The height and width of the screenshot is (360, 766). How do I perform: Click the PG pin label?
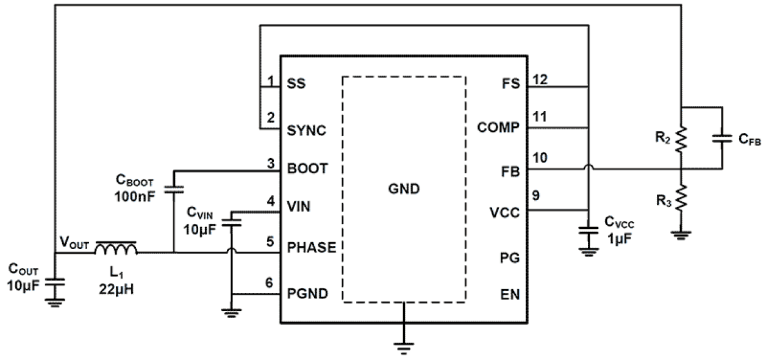tap(510, 257)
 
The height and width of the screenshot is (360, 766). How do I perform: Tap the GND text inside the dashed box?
tap(404, 189)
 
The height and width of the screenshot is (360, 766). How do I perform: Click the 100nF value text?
tap(134, 198)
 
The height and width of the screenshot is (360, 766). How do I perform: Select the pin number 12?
tap(539, 78)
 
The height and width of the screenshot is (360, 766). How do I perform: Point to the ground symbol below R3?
tap(681, 234)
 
